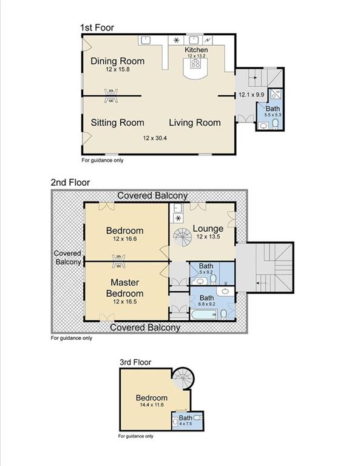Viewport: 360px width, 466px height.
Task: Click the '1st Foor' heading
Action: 97,28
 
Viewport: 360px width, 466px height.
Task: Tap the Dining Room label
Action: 117,61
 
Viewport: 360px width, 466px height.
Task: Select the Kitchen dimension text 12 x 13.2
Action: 196,56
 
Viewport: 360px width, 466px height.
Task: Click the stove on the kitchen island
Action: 195,63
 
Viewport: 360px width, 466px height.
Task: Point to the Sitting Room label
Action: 117,123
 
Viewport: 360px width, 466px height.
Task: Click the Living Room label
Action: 195,123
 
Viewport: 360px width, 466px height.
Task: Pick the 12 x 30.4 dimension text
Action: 155,138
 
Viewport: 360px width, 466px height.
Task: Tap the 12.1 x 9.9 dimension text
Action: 251,95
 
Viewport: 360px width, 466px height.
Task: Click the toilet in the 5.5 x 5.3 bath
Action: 275,123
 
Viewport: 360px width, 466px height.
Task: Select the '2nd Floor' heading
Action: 70,182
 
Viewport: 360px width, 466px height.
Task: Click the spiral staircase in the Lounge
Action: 183,237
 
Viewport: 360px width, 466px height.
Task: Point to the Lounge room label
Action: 208,229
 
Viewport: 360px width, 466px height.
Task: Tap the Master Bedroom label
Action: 125,288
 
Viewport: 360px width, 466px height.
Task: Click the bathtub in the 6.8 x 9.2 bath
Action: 204,315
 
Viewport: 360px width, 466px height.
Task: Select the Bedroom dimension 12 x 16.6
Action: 125,238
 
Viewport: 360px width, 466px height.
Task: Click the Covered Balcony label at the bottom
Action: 145,327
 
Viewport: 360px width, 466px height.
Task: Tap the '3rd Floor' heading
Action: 135,362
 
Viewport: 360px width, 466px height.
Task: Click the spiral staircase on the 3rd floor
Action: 183,379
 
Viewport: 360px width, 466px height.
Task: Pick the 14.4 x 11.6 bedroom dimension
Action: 152,405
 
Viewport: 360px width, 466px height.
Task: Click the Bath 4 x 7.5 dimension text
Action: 185,424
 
